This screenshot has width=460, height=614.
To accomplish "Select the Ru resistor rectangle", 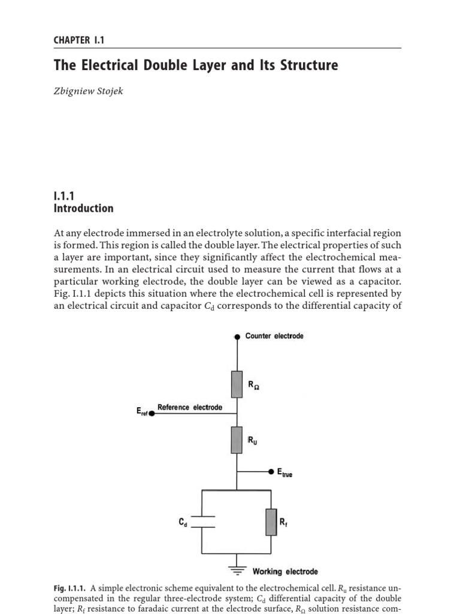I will tap(237, 440).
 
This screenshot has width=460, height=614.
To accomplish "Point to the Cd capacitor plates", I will tap(202, 522).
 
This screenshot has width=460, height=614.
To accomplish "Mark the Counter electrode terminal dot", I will tap(237, 337).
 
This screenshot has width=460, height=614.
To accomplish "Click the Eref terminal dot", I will tap(151, 413).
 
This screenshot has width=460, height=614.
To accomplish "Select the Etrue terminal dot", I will tap(271, 472).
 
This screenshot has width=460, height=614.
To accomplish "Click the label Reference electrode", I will tap(189, 407).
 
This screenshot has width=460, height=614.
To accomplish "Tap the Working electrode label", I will tap(285, 571).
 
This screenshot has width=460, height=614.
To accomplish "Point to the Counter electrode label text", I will tap(274, 336).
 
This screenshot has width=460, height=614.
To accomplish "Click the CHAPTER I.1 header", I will tap(79, 40).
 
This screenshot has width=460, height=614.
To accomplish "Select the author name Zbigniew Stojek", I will tap(88, 92).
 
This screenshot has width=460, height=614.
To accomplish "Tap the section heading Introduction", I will tap(83, 209).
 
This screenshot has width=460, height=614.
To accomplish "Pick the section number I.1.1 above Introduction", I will tap(63, 195).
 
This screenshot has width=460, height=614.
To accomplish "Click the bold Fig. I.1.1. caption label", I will tap(70, 588).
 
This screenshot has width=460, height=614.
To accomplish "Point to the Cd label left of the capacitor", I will tap(183, 522).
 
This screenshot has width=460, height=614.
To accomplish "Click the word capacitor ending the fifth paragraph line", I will tap(379, 282).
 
